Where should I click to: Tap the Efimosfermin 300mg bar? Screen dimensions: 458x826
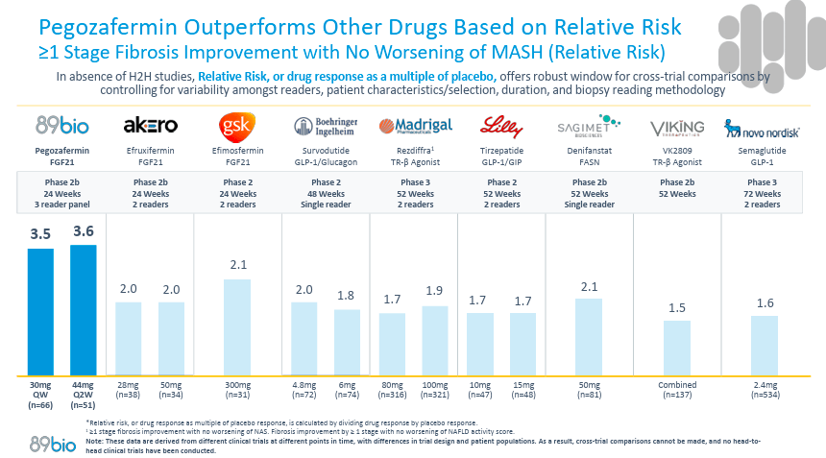(x=236, y=327)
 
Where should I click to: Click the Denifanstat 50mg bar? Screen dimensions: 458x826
(x=588, y=337)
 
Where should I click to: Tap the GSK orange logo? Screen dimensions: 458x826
(x=236, y=127)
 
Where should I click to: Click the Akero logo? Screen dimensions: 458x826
(x=151, y=127)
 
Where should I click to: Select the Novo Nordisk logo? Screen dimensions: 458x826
(x=759, y=127)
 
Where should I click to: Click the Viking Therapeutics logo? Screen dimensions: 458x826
(x=678, y=127)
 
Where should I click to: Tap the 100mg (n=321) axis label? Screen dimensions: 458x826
(x=435, y=389)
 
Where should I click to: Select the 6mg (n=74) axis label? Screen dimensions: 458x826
(x=349, y=389)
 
